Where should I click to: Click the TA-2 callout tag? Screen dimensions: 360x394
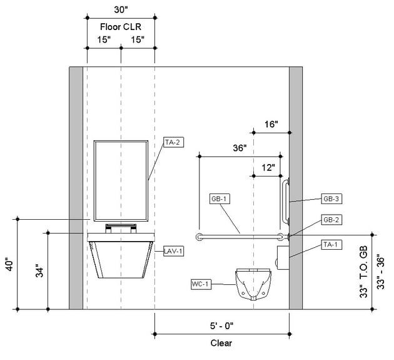point(172,142)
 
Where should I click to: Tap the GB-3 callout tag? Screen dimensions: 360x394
point(331,199)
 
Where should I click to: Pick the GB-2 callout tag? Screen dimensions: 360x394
point(331,220)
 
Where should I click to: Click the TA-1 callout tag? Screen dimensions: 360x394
point(331,244)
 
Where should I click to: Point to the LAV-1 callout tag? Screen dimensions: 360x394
point(173,250)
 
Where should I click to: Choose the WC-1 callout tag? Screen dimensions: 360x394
point(201,284)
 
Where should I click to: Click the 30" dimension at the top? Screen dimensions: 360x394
point(120,11)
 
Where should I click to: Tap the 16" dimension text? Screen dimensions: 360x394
point(270,125)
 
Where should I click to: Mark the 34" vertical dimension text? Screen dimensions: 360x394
point(39,271)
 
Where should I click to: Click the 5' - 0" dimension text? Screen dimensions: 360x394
point(221,327)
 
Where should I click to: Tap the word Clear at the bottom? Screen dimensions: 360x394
point(221,342)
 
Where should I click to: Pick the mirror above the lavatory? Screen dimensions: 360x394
point(120,181)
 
